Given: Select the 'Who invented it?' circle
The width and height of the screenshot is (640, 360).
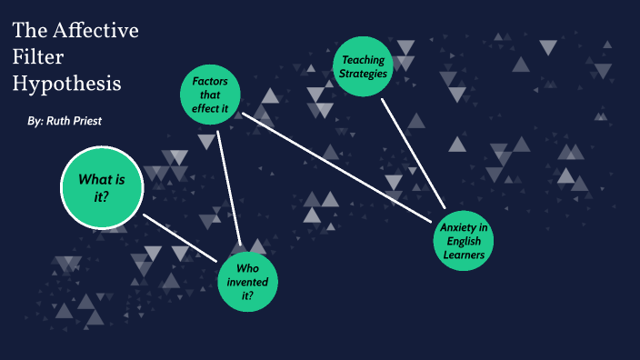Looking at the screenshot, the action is (x=247, y=283).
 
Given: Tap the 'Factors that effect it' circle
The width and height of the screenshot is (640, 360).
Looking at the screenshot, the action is (x=210, y=95).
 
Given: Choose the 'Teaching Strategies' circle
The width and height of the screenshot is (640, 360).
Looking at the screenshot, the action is (x=365, y=65).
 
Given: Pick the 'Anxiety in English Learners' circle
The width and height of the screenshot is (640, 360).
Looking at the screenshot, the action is (x=465, y=241).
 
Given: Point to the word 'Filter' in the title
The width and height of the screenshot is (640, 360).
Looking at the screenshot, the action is (x=34, y=56).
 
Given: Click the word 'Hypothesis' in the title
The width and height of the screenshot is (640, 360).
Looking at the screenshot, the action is (x=66, y=84).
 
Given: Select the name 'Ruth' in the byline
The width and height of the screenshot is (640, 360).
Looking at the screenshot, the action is (x=61, y=121).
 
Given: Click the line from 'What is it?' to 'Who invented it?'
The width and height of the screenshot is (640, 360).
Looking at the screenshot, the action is (x=180, y=238).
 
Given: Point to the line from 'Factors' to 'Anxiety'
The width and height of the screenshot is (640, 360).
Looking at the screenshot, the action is (x=336, y=167).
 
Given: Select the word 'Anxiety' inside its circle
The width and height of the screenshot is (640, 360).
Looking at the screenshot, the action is (x=465, y=227).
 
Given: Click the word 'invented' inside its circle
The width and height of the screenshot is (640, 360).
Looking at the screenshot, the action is (x=247, y=283).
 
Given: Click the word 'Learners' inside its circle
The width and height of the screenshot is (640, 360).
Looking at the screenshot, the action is (x=465, y=255).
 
